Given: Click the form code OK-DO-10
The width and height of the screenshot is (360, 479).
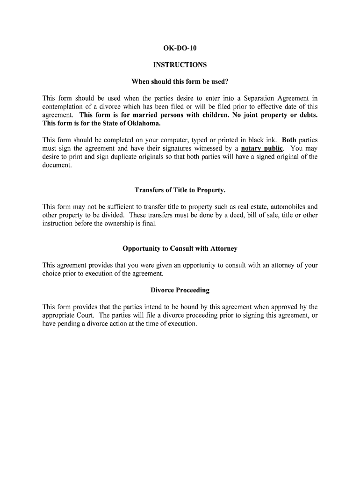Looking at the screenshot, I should (x=180, y=48).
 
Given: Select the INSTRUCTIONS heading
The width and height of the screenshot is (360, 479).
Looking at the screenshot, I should (x=180, y=65).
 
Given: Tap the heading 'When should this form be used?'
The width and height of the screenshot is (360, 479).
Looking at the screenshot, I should (x=180, y=81).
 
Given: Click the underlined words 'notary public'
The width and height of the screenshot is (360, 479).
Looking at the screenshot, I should (x=262, y=149).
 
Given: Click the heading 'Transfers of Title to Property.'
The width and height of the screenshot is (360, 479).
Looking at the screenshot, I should (x=180, y=190).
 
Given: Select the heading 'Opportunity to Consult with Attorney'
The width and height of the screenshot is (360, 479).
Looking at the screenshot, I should (x=180, y=248).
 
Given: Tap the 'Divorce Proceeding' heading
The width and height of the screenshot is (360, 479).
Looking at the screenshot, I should (x=180, y=290).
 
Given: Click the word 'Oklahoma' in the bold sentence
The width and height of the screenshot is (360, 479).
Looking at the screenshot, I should (x=145, y=123).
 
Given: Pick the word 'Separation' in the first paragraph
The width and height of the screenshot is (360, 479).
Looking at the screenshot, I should (x=259, y=98).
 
